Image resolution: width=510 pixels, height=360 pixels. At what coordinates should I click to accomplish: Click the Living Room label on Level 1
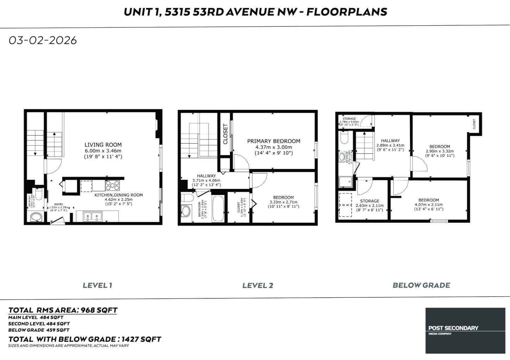pyautogui.click(x=103, y=145)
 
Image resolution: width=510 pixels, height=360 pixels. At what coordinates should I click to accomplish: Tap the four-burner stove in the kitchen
pyautogui.click(x=112, y=185)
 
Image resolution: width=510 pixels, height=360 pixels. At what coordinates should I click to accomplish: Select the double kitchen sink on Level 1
pyautogui.click(x=93, y=216)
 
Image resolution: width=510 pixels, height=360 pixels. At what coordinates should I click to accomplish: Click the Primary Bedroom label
pyautogui.click(x=274, y=141)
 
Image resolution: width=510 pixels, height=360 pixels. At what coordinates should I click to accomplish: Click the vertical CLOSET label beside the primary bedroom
pyautogui.click(x=225, y=134)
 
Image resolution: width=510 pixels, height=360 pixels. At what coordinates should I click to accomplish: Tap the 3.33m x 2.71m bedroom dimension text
pyautogui.click(x=284, y=202)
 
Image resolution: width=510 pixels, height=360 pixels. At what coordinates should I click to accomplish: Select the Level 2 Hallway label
pyautogui.click(x=206, y=176)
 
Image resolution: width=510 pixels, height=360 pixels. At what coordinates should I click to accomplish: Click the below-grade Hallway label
pyautogui.click(x=390, y=140)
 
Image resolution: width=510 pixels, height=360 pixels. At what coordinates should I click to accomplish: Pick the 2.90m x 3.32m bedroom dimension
pyautogui.click(x=440, y=151)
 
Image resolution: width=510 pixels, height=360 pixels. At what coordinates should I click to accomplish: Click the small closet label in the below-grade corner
pyautogui.click(x=474, y=124)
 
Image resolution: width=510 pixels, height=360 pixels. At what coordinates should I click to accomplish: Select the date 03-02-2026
pyautogui.click(x=43, y=40)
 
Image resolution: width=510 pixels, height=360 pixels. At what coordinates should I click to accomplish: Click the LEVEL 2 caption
pyautogui.click(x=257, y=285)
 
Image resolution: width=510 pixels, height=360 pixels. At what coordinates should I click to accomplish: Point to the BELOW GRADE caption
pyautogui.click(x=421, y=285)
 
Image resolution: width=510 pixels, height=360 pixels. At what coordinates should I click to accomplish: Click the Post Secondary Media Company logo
pyautogui.click(x=465, y=330)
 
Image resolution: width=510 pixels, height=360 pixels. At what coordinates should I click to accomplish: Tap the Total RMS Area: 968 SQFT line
pyautogui.click(x=63, y=310)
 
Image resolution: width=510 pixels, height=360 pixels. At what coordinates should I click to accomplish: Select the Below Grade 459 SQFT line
pyautogui.click(x=39, y=330)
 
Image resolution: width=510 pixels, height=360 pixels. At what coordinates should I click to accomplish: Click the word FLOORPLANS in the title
pyautogui.click(x=347, y=12)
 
